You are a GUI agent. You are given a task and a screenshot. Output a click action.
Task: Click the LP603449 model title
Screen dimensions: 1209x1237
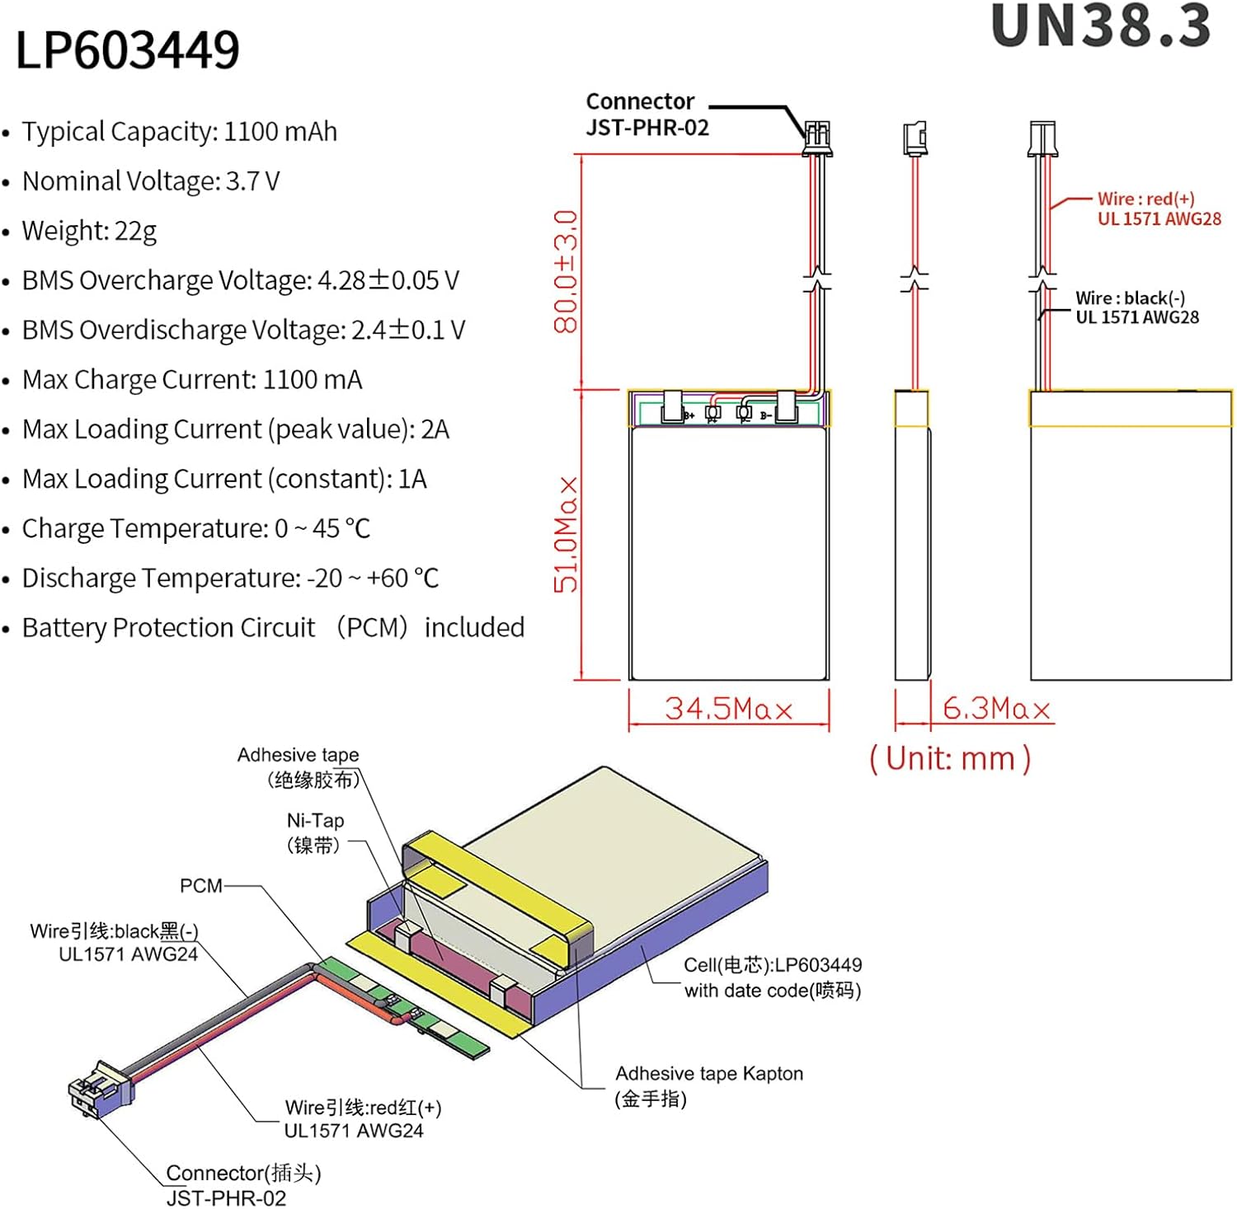(x=128, y=49)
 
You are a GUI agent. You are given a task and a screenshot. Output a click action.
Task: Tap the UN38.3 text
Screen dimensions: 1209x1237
(x=1101, y=26)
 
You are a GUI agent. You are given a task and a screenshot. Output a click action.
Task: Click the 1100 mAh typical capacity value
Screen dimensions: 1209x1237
(x=280, y=132)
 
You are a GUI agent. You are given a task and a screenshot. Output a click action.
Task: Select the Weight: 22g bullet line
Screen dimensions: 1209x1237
(x=89, y=231)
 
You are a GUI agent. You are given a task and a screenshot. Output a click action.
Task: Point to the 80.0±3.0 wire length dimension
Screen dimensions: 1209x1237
(x=566, y=272)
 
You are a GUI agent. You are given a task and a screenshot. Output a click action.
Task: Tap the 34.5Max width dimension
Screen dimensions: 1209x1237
(x=729, y=709)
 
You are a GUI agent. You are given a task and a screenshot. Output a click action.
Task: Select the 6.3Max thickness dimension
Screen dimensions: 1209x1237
(x=996, y=709)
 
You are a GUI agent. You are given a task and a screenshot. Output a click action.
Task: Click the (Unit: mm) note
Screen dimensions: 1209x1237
(x=950, y=758)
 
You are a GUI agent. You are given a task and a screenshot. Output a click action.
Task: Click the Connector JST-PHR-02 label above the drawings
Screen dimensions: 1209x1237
(x=647, y=114)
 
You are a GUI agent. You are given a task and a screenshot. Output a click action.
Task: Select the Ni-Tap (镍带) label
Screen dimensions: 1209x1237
(x=315, y=832)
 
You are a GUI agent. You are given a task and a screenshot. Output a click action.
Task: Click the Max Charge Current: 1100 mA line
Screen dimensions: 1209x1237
(x=191, y=380)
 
